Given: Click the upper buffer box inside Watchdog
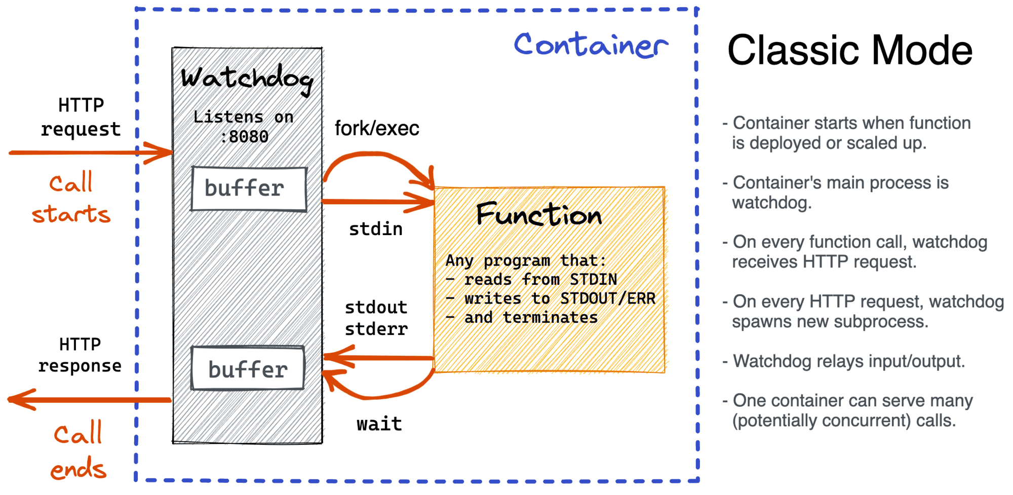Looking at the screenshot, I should pyautogui.click(x=249, y=188).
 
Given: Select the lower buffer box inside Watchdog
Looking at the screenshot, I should pyautogui.click(x=248, y=369).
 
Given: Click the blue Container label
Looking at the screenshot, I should pyautogui.click(x=591, y=45).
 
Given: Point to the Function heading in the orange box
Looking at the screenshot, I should pyautogui.click(x=539, y=214).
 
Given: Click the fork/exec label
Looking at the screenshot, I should pyautogui.click(x=377, y=129).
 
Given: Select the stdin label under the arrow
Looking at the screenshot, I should pyautogui.click(x=376, y=229).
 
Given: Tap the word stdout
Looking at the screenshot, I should pyautogui.click(x=376, y=308).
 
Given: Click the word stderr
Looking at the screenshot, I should pyautogui.click(x=376, y=329).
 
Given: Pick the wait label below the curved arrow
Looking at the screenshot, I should pyautogui.click(x=379, y=424).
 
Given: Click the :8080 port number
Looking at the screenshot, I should pyautogui.click(x=245, y=137).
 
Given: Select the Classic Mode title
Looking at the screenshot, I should pyautogui.click(x=850, y=50).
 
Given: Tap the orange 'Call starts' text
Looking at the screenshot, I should pyautogui.click(x=71, y=199).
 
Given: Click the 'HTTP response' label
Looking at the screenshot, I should pyautogui.click(x=80, y=355).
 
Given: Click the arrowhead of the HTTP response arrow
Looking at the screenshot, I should pyautogui.click(x=20, y=400).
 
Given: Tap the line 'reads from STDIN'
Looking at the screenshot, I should pyautogui.click(x=540, y=280).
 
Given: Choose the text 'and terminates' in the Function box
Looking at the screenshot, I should pyautogui.click(x=531, y=318).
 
